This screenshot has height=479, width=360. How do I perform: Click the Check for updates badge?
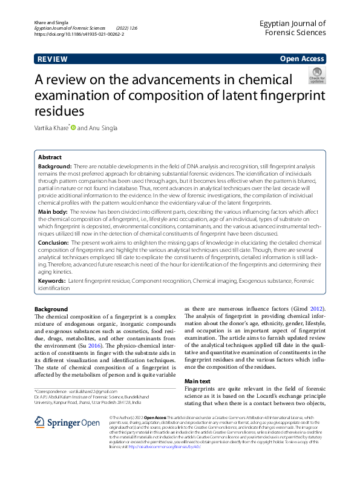317,75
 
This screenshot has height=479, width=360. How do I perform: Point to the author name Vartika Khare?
51,127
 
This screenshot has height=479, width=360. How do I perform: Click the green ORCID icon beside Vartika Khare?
74,127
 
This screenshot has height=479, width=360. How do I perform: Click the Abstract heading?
50,156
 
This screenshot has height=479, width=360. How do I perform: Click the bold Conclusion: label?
54,242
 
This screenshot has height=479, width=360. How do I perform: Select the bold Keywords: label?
52,282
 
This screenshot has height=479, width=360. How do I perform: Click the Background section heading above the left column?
51,309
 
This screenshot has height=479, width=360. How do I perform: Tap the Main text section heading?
197,381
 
